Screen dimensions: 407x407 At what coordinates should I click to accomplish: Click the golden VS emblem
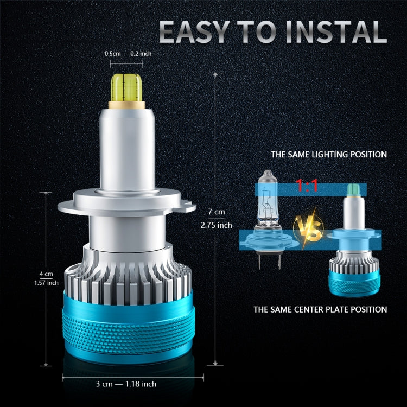coord(307,228)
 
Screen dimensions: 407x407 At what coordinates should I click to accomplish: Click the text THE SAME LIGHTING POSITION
coord(329,155)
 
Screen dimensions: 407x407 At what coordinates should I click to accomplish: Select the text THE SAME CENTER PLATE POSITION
coord(320,309)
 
